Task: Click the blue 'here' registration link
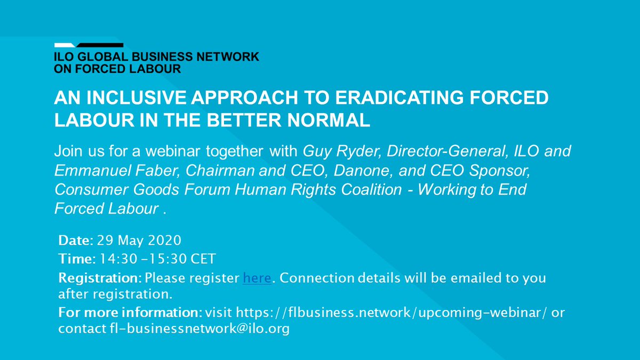click(x=257, y=278)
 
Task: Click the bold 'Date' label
click(x=73, y=241)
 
